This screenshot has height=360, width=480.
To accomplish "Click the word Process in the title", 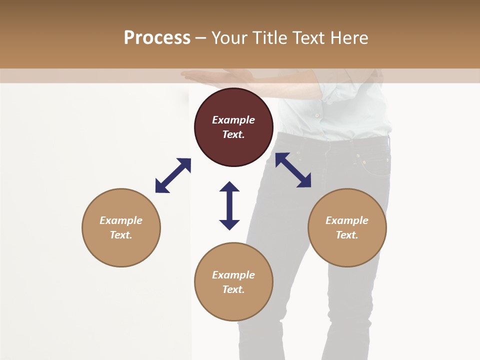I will click(x=157, y=38).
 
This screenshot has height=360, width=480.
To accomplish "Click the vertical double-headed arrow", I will click(x=229, y=205).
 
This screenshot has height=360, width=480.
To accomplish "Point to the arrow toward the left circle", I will click(x=173, y=175).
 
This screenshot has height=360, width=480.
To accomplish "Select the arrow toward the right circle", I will click(x=293, y=170).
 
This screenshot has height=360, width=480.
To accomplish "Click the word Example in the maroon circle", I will click(x=233, y=120).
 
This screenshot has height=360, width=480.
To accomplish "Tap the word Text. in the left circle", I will click(x=121, y=235).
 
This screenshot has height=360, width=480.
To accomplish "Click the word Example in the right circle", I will click(x=347, y=220).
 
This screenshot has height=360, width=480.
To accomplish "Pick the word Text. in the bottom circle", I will click(x=233, y=289).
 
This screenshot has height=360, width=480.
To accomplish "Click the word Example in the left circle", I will click(x=121, y=220).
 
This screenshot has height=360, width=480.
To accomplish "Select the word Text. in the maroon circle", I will click(x=233, y=134).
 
